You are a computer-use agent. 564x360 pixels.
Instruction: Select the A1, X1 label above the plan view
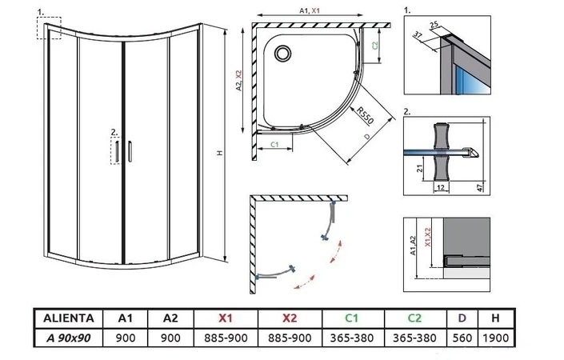pos(309,11)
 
